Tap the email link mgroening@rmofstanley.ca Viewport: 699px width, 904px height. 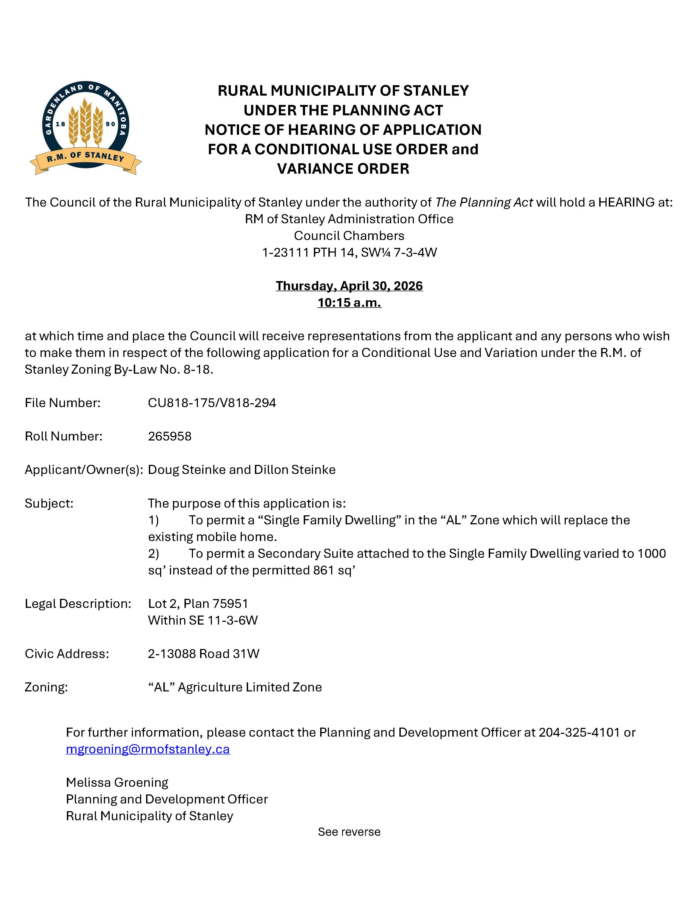148,749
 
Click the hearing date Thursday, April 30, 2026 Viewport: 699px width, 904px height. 349,286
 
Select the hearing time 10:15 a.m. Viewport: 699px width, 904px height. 349,303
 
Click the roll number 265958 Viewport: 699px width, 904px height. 170,436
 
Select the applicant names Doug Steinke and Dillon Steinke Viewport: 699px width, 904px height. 242,470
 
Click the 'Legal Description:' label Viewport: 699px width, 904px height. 78,603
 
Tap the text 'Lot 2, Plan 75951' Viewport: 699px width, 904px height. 198,603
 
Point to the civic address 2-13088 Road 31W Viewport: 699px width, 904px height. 204,654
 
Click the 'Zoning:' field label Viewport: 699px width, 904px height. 46,687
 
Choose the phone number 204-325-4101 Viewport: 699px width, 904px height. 579,732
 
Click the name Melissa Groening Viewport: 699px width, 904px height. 117,783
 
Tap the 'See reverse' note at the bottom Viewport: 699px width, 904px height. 349,832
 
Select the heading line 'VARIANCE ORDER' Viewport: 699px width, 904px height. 343,169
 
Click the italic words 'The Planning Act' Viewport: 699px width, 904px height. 484,202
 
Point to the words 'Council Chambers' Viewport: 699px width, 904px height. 349,236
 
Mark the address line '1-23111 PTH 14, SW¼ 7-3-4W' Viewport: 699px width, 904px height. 349,253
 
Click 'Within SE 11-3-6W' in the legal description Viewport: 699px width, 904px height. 203,620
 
